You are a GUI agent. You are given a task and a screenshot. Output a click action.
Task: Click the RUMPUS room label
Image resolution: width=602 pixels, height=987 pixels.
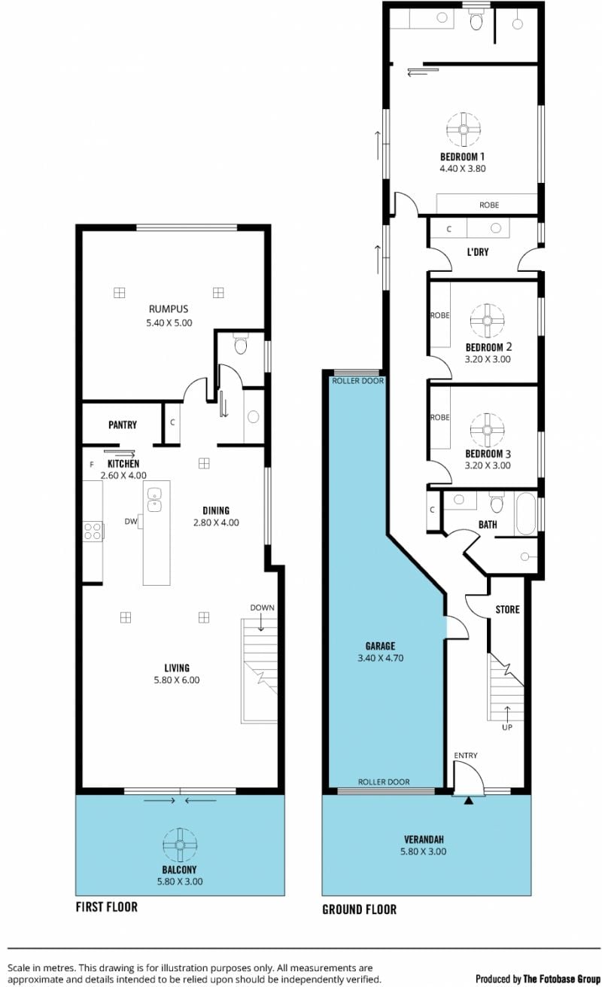click(x=169, y=309)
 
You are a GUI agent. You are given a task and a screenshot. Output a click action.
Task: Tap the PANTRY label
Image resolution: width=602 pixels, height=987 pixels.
click(x=123, y=425)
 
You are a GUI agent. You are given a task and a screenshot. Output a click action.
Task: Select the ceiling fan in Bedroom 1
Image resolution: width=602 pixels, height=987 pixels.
click(x=464, y=129)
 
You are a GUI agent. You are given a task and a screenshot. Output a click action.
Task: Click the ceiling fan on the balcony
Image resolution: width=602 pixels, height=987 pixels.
click(x=180, y=845)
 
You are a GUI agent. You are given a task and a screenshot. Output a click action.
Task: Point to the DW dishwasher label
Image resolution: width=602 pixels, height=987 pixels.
click(x=131, y=522)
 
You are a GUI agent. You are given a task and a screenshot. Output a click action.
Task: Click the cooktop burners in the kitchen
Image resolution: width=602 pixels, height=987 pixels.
click(x=93, y=531)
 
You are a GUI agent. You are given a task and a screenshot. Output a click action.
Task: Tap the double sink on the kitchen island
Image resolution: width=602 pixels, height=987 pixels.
click(x=154, y=500)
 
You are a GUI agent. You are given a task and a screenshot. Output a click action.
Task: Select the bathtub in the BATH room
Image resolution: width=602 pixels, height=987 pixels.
click(x=525, y=513)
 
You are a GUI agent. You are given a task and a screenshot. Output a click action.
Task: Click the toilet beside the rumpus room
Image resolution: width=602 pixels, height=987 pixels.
click(x=241, y=345)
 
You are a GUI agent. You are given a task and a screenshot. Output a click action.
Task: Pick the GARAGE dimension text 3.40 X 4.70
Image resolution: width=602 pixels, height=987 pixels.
click(x=381, y=658)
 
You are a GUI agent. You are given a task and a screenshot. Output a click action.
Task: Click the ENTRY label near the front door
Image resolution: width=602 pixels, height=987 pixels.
click(x=466, y=755)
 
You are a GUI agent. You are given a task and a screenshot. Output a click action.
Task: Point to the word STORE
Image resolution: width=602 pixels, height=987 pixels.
click(x=507, y=609)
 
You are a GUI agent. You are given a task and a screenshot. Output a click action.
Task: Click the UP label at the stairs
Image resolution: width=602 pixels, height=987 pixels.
click(x=507, y=727)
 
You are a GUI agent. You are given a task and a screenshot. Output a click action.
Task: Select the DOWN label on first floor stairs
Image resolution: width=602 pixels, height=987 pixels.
click(x=262, y=608)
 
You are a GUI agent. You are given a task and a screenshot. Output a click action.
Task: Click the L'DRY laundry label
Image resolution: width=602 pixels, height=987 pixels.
click(x=478, y=252)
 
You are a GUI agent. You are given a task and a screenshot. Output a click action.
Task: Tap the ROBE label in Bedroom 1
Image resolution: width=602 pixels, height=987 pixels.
click(x=489, y=205)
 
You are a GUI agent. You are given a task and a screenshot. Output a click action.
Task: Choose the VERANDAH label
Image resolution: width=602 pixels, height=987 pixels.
click(x=424, y=839)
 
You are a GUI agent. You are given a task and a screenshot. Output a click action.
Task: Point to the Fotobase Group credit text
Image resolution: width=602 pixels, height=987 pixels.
click(x=538, y=979)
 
